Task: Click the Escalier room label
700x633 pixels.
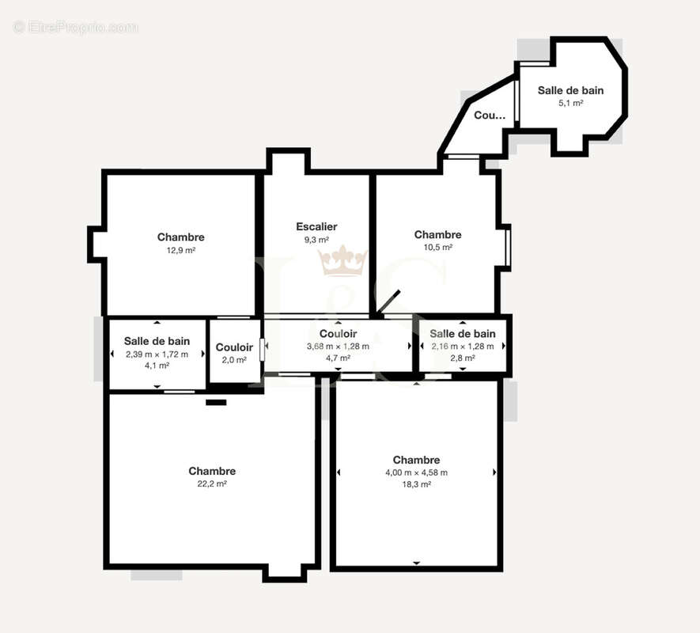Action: [316, 226]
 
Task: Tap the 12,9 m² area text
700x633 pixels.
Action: [181, 250]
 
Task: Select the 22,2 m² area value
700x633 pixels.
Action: [212, 483]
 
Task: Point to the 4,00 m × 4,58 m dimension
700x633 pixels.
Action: [417, 472]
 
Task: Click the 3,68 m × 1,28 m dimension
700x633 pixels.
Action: [338, 347]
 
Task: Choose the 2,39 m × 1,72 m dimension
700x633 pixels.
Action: [157, 354]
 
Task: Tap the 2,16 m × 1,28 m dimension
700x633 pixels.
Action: [463, 347]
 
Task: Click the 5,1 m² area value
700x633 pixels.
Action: [571, 103]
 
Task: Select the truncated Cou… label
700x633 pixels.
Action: [490, 116]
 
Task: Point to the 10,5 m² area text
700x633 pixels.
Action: [438, 247]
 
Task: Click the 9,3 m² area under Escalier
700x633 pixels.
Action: [316, 240]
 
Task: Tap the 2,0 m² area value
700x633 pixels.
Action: [234, 360]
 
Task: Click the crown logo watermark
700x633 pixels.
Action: [342, 260]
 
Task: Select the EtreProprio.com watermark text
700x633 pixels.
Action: [76, 27]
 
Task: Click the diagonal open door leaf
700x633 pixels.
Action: [388, 302]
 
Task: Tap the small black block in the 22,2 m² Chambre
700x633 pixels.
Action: [216, 402]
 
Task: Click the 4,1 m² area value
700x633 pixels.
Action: [157, 366]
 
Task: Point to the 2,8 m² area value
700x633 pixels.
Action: [463, 358]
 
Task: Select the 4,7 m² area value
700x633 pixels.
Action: [338, 358]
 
